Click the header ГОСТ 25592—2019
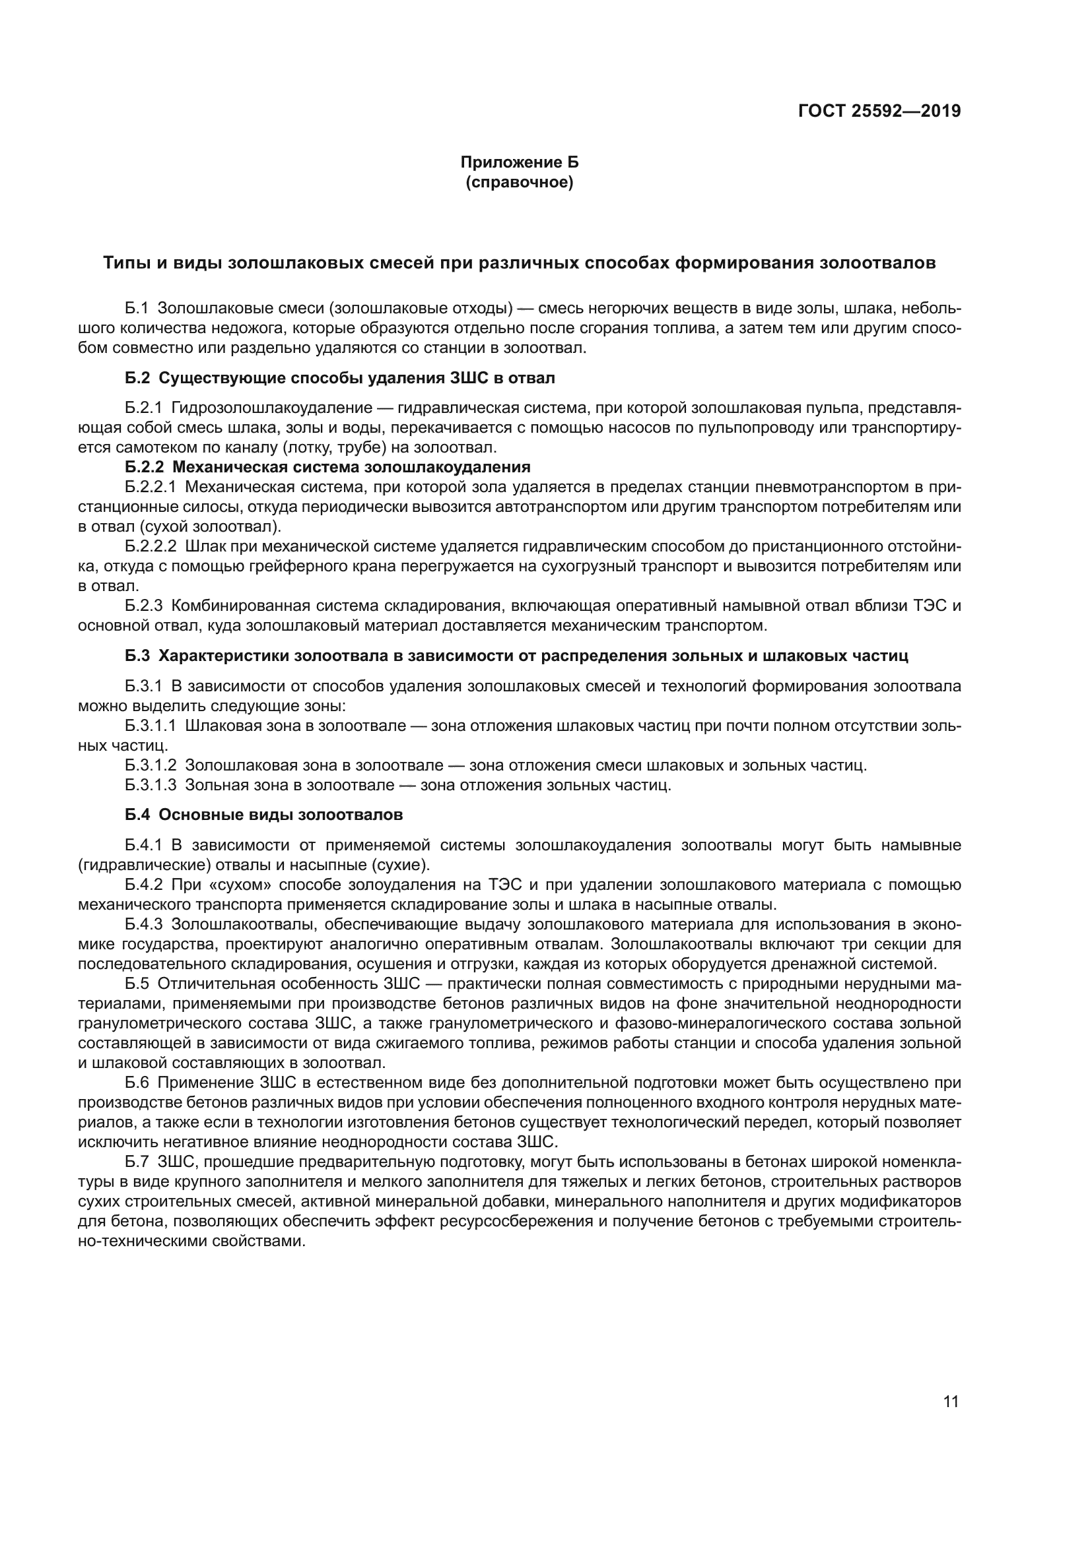(x=879, y=111)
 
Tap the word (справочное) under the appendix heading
(x=519, y=182)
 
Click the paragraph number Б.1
(x=137, y=309)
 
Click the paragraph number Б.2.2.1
(x=151, y=487)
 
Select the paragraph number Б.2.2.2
(x=151, y=546)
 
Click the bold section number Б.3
(x=137, y=656)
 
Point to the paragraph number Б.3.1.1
(x=151, y=726)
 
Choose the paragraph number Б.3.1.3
(x=151, y=785)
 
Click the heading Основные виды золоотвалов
(x=281, y=815)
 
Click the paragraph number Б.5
(x=137, y=984)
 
